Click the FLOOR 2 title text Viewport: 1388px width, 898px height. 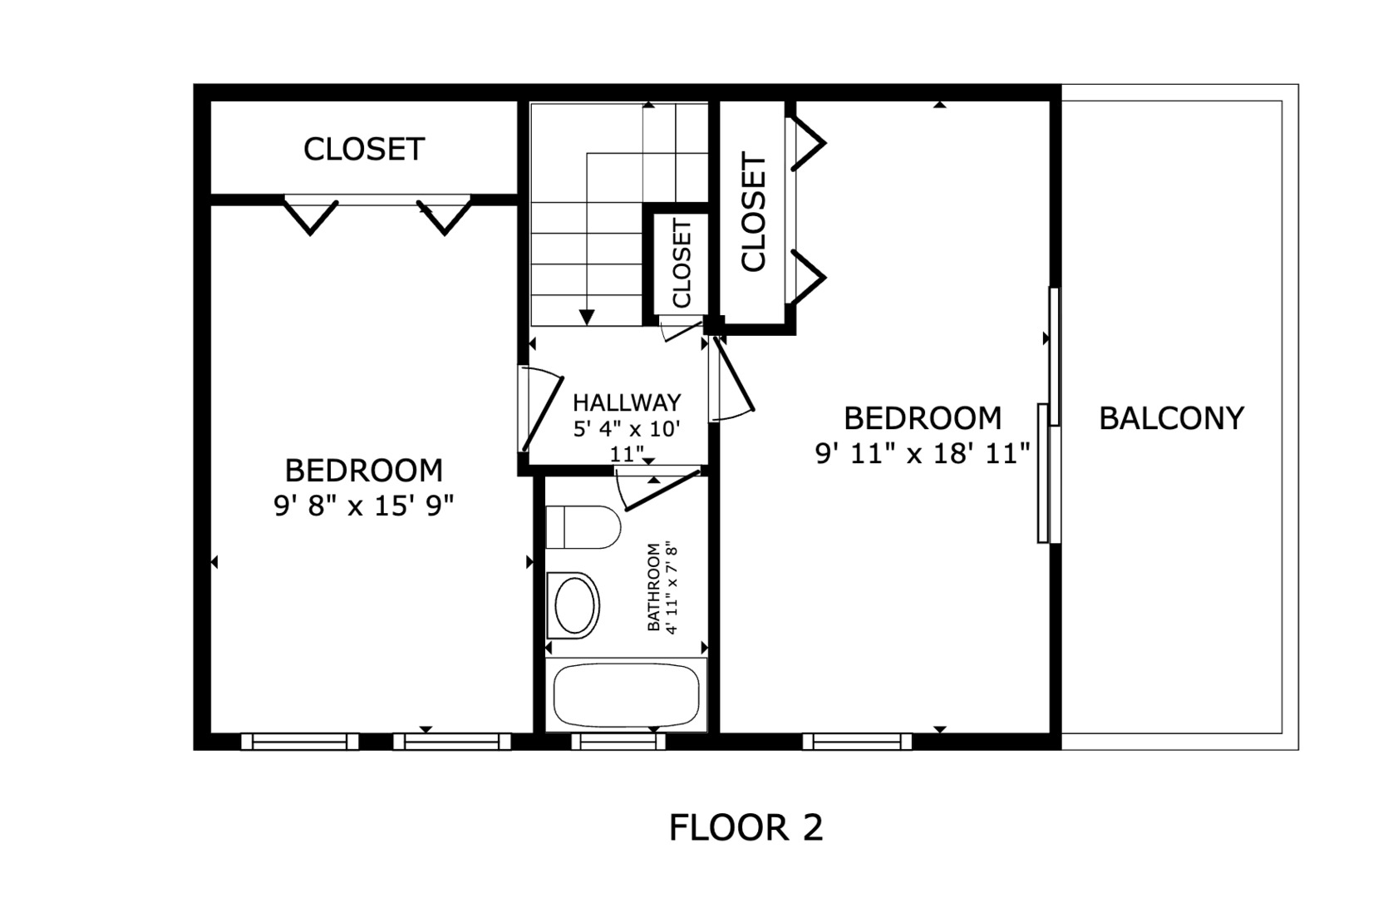[746, 828]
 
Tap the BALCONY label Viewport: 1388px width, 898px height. [1171, 418]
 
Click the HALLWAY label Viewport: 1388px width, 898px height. [627, 402]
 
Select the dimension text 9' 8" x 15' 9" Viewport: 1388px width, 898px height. [364, 506]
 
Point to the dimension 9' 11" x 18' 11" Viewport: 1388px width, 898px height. [922, 454]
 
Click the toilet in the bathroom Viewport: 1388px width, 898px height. [583, 527]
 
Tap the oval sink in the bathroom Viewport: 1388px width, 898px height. [573, 605]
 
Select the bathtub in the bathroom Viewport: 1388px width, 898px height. [626, 695]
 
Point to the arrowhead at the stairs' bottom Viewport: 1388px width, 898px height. [587, 318]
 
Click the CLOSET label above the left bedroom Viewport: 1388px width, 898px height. [364, 150]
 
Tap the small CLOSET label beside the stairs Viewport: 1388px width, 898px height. [681, 264]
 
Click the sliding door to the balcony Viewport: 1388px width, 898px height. [1050, 415]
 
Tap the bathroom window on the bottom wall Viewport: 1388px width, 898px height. [618, 742]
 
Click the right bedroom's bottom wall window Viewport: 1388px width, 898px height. [857, 742]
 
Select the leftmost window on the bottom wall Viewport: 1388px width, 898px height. [300, 742]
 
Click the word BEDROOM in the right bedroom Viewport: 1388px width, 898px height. [923, 418]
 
